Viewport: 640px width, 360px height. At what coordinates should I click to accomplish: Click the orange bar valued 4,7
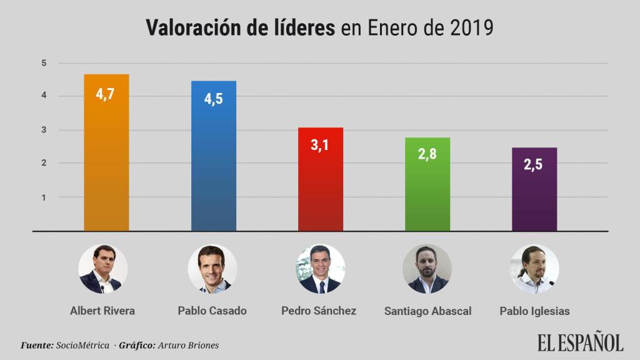point(106,153)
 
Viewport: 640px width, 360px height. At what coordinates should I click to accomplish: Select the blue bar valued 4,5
point(213,156)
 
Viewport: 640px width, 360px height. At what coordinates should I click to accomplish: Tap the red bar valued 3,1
point(320,179)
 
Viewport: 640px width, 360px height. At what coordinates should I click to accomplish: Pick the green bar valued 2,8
point(427,184)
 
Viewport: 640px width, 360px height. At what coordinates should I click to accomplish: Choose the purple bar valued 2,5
point(534,189)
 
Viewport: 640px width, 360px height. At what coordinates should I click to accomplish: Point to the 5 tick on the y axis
point(44,62)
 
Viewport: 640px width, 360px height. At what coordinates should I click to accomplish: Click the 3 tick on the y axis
point(44,130)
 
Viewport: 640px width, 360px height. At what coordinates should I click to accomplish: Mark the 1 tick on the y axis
point(44,197)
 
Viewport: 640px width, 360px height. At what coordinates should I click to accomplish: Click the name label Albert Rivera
point(102,311)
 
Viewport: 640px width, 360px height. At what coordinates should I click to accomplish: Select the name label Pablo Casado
point(212,311)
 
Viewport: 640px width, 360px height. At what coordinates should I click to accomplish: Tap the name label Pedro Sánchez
point(319,311)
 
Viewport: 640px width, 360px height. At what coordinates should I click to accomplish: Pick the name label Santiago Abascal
point(427,311)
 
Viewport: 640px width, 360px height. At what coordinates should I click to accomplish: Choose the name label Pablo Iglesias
point(534,311)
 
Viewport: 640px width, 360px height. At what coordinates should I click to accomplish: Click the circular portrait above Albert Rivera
point(102,269)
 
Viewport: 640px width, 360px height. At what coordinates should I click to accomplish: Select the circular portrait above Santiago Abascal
point(427,269)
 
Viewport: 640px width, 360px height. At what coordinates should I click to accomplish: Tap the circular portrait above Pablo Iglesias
point(534,269)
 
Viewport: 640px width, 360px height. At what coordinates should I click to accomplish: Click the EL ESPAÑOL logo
point(580,342)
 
